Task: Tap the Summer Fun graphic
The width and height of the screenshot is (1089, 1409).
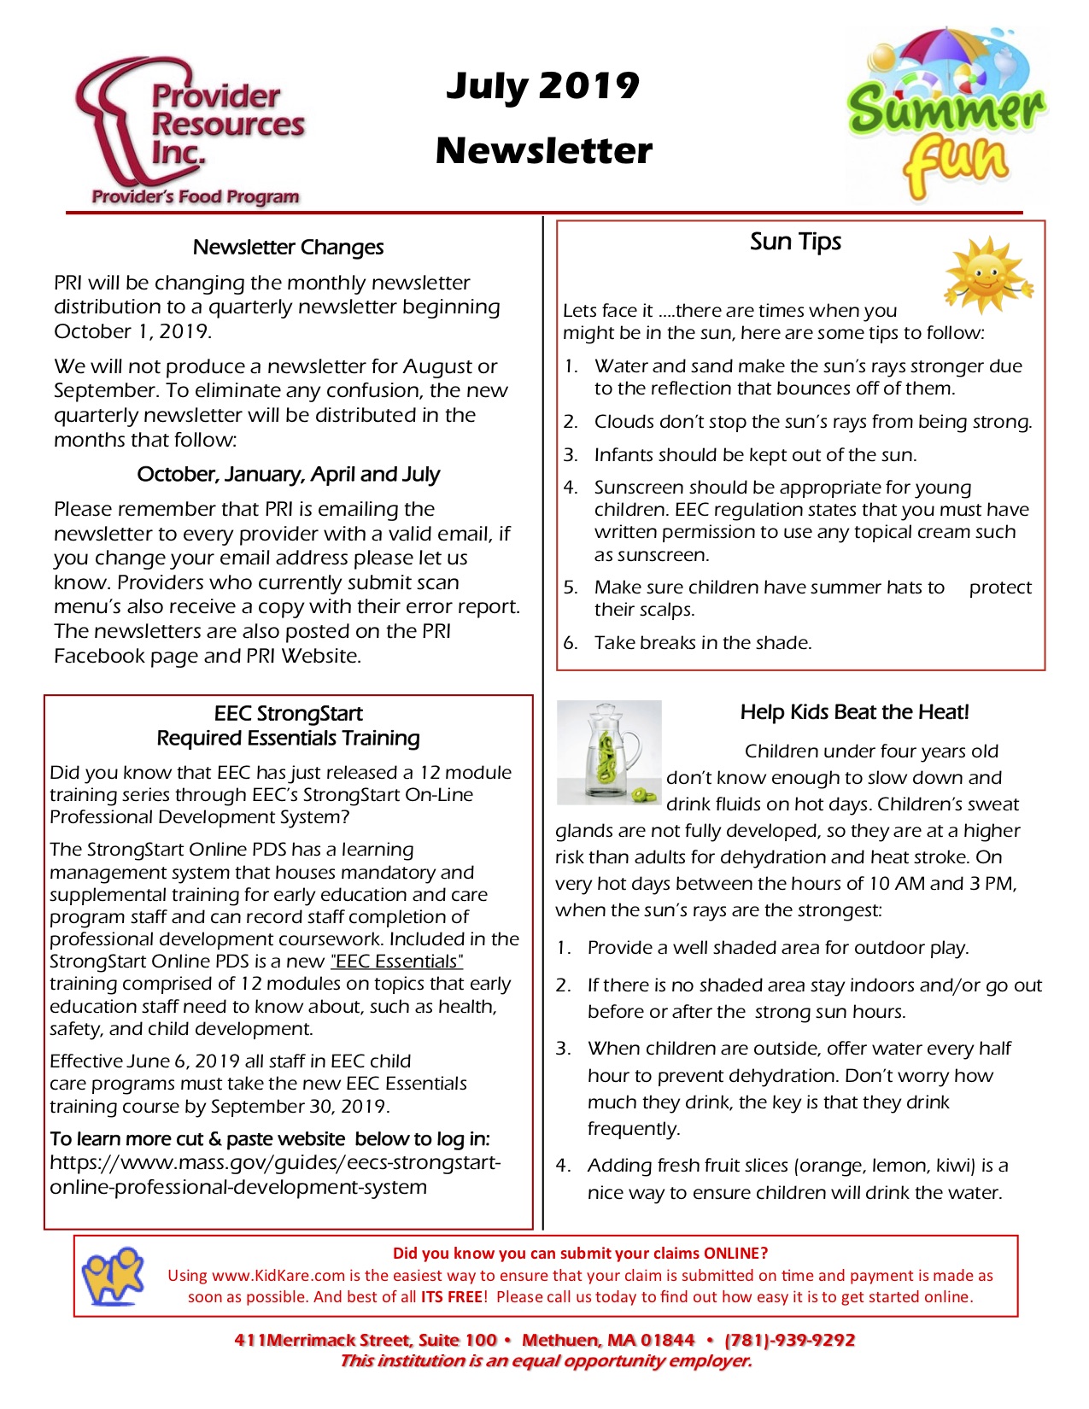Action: pos(946,115)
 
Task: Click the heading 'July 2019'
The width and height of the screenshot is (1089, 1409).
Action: pos(542,85)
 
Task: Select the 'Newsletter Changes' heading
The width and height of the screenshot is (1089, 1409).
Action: pos(288,247)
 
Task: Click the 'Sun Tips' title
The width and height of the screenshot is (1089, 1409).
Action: pos(795,242)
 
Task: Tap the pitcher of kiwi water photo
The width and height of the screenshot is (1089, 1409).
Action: pos(609,752)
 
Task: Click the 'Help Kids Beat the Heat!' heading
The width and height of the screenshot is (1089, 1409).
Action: pos(854,712)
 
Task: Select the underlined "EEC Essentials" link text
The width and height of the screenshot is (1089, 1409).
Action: pos(397,962)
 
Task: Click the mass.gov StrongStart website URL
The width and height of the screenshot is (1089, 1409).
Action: pos(275,1175)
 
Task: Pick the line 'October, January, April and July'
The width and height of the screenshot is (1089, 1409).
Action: pos(289,474)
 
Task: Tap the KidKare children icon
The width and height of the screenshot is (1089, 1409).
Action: pos(113,1275)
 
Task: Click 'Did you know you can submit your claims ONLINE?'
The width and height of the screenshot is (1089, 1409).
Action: pos(580,1254)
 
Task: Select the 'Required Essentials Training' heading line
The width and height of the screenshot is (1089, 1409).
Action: pos(289,738)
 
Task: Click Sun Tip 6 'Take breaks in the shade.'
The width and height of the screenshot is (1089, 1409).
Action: pos(702,642)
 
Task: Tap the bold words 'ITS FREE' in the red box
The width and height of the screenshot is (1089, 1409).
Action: pos(451,1297)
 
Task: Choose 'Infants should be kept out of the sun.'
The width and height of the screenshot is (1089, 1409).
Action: pos(755,454)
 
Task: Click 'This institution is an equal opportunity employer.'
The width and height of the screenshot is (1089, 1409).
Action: pos(546,1361)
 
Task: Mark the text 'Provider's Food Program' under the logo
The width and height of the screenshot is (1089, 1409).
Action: pos(196,196)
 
